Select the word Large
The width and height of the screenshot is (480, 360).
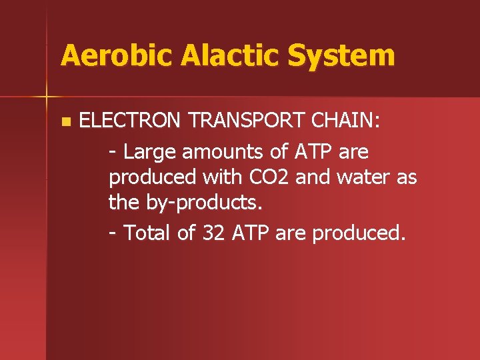coord(149,152)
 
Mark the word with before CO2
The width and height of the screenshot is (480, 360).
coord(223,178)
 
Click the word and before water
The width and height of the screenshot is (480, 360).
coord(313,178)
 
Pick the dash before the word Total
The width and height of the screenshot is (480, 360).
coord(114,233)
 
